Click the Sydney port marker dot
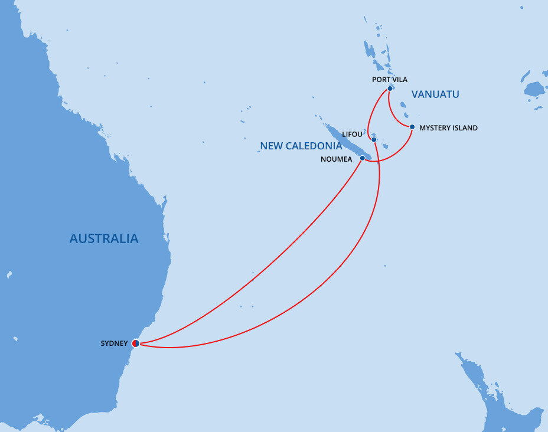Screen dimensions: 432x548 (x=135, y=343)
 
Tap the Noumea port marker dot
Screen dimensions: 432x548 (x=362, y=158)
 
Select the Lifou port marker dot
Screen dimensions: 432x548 (x=374, y=139)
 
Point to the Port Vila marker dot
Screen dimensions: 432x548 (x=390, y=89)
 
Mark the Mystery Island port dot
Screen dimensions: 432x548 (x=412, y=127)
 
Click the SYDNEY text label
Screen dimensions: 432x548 (x=114, y=343)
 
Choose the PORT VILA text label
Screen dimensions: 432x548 (x=390, y=80)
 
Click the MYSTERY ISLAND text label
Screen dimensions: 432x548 (x=448, y=127)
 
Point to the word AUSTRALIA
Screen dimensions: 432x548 (x=104, y=238)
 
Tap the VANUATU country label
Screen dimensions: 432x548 (x=435, y=94)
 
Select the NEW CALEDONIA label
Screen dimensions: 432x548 (x=301, y=146)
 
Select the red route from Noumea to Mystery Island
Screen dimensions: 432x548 (x=396, y=155)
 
